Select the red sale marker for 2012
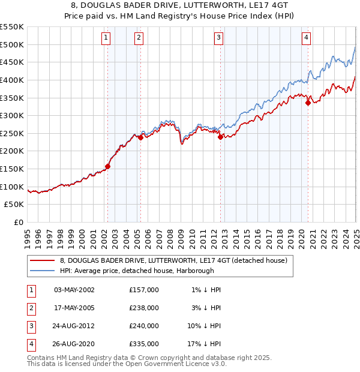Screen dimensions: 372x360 tap(220, 137)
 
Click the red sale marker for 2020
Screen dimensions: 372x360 tap(308, 103)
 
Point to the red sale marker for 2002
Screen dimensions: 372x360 tap(108, 166)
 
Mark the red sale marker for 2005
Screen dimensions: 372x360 tap(140, 137)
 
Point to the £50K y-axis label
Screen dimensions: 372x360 tap(14, 205)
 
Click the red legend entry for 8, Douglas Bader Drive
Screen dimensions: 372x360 tap(174, 260)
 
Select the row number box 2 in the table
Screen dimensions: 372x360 tap(31, 307)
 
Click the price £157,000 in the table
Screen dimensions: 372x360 tap(144, 289)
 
